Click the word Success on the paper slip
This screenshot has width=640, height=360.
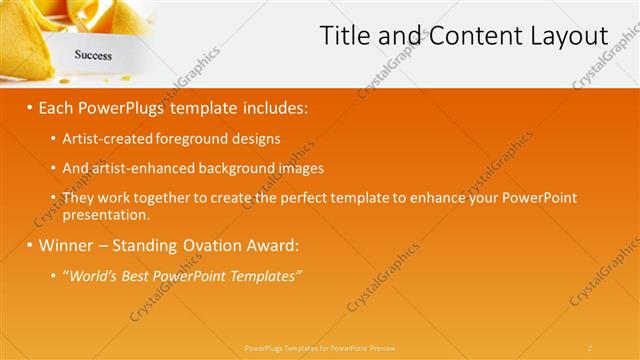tap(93, 56)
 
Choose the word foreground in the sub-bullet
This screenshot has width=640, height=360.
tap(193, 138)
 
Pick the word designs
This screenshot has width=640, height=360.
tap(254, 138)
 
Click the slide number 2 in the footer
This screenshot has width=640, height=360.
tap(590, 347)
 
